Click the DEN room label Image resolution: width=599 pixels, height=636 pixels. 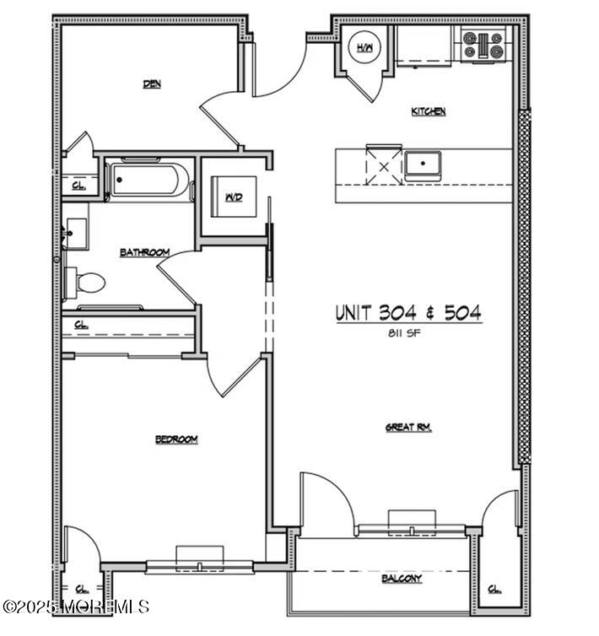[152, 84]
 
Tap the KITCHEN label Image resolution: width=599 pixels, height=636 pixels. [429, 111]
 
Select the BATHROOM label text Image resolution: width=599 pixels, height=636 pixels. [144, 252]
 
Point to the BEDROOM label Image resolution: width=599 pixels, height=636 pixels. [176, 439]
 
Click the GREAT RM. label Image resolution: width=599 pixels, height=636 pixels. [408, 428]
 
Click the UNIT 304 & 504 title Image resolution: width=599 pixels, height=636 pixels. [409, 312]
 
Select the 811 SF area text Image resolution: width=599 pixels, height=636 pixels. [409, 331]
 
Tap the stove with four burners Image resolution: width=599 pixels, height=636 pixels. [483, 44]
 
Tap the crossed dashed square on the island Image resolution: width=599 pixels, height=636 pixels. [384, 165]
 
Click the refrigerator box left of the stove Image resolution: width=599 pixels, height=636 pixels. [425, 46]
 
